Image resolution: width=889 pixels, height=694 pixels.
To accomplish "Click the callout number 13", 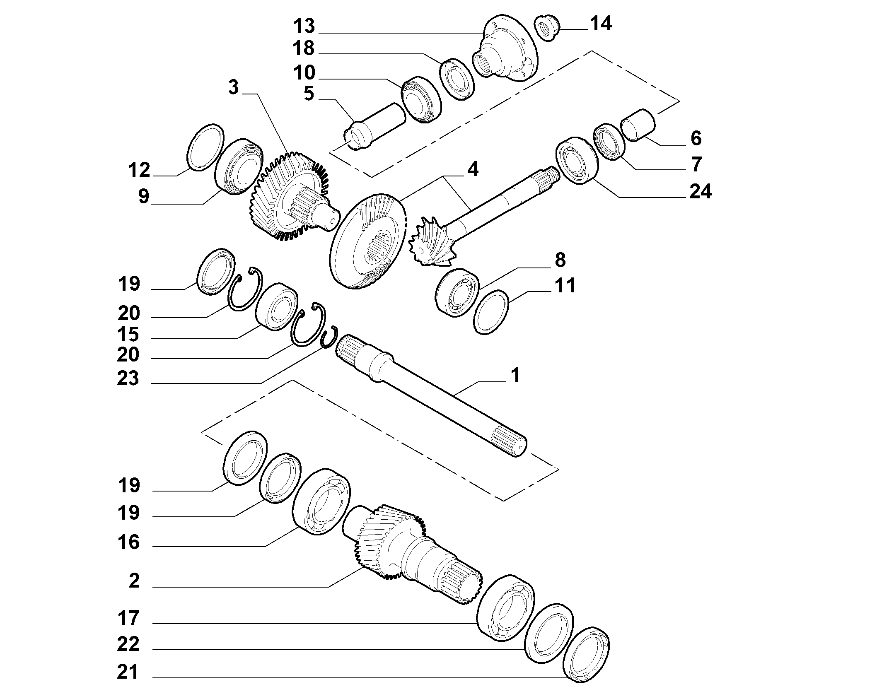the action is (x=304, y=26).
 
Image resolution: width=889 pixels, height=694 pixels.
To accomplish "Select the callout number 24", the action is (x=701, y=192).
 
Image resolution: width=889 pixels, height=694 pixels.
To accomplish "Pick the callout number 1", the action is (x=515, y=376).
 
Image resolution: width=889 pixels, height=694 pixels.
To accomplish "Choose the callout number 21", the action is (x=128, y=672).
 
